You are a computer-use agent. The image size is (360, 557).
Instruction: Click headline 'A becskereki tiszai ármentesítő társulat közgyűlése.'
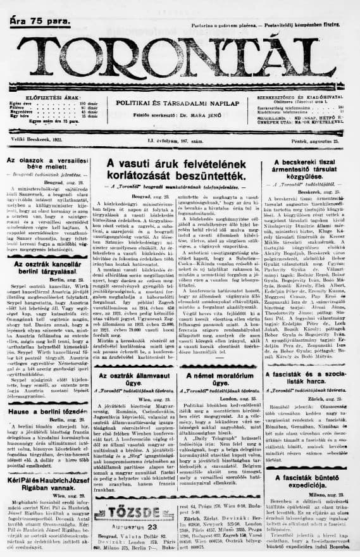(309, 169)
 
